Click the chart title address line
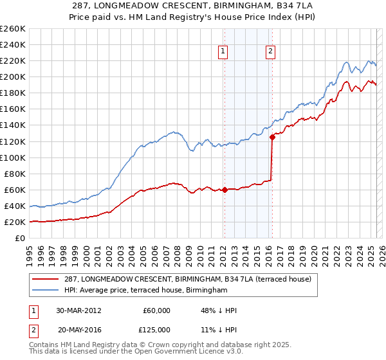tap(192, 5)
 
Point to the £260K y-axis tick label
tap(13, 29)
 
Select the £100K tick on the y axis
tap(13, 157)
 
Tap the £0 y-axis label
tap(19, 239)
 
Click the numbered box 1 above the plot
tap(223, 52)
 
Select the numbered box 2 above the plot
tap(270, 52)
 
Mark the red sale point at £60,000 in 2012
tap(225, 190)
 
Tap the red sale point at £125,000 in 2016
tap(272, 137)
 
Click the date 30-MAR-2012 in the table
tap(78, 310)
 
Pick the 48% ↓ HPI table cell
tap(219, 310)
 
